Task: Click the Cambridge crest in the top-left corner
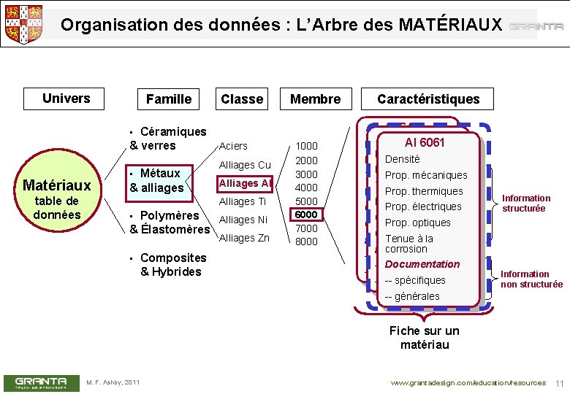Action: click(24, 23)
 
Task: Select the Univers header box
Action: click(66, 98)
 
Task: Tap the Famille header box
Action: click(168, 99)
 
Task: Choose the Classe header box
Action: click(242, 99)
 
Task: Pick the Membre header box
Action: click(315, 99)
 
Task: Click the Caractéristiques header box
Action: click(428, 99)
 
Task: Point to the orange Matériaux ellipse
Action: click(57, 196)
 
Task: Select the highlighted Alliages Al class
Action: click(245, 183)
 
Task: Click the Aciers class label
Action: click(233, 146)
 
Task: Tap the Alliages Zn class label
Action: click(244, 238)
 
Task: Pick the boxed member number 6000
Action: click(306, 215)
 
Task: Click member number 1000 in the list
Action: click(306, 146)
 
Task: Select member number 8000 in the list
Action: click(306, 242)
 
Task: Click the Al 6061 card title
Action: click(425, 142)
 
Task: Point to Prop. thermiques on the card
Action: click(424, 191)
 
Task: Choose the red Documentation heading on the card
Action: click(422, 264)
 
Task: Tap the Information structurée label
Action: click(526, 203)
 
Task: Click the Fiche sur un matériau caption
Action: click(425, 337)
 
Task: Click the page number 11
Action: click(560, 383)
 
